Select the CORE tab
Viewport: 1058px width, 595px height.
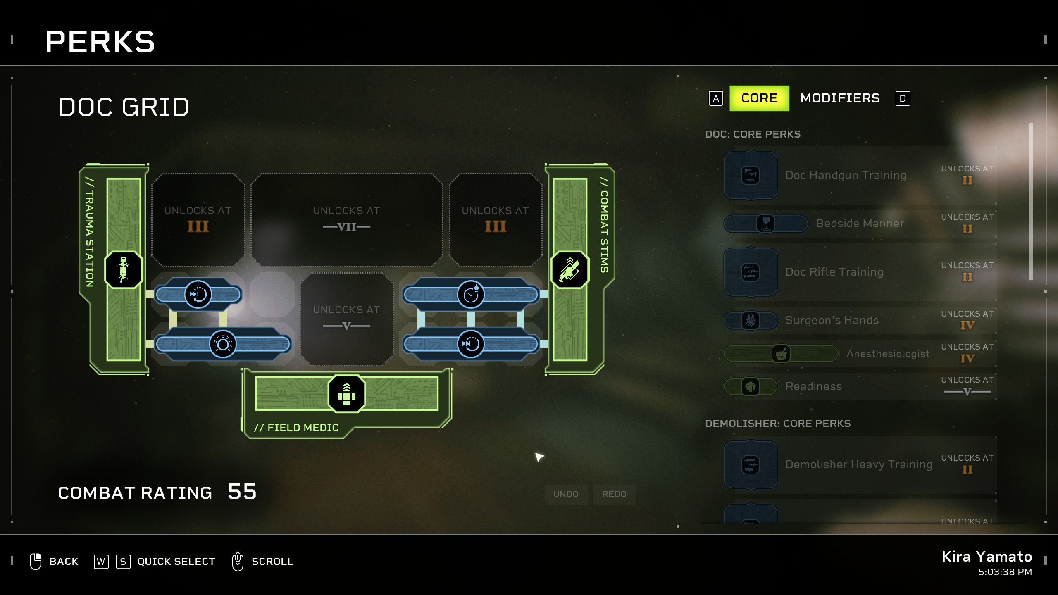(759, 98)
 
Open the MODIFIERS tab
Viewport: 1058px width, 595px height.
(840, 98)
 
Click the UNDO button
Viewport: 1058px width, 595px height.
(566, 494)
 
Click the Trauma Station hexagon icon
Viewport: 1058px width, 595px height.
(124, 270)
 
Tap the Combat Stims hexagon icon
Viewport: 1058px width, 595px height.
(570, 270)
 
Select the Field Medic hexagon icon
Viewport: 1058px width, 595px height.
(346, 394)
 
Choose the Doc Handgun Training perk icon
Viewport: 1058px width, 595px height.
(751, 175)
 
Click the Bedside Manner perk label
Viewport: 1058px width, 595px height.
(860, 224)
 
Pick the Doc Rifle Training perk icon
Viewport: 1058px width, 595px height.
(751, 272)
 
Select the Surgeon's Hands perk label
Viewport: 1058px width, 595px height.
(832, 320)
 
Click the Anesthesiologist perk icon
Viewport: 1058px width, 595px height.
(781, 354)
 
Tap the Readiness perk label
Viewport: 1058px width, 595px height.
(813, 386)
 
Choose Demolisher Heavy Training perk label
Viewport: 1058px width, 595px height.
(859, 464)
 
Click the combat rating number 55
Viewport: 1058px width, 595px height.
(242, 492)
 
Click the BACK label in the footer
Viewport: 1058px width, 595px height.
(64, 562)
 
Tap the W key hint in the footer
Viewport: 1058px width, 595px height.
(101, 562)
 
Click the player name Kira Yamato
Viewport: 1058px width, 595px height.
(987, 557)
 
